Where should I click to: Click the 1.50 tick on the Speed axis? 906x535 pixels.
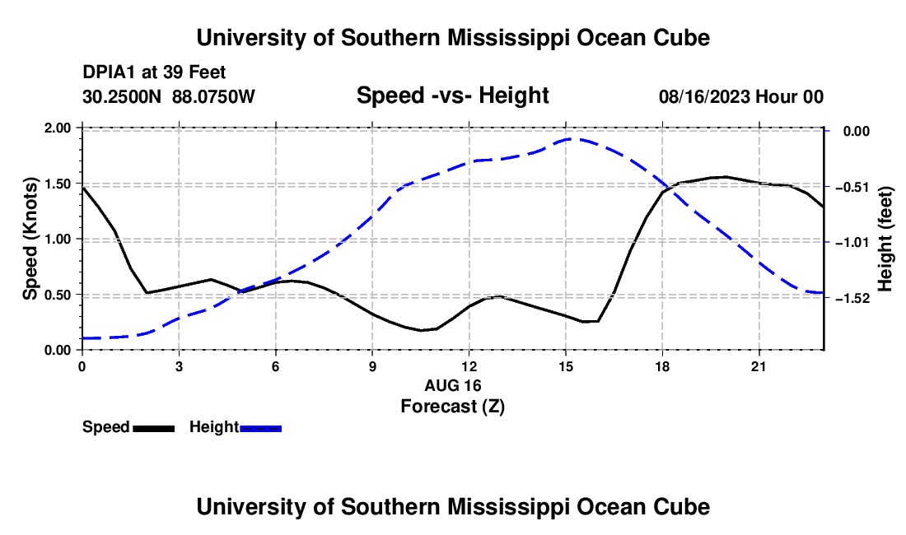click(57, 184)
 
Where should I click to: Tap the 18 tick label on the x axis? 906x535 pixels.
click(662, 366)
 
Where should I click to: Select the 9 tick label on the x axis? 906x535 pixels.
click(372, 366)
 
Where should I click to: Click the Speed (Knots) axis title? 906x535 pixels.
click(30, 239)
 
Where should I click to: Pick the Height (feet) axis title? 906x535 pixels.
click(885, 239)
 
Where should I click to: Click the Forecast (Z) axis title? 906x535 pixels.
click(452, 407)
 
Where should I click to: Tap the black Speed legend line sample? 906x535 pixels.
click(154, 429)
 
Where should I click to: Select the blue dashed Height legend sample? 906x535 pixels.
click(260, 429)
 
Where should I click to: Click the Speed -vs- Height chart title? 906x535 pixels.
click(452, 95)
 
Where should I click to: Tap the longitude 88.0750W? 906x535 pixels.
click(213, 97)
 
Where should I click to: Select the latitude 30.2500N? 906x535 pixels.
click(121, 97)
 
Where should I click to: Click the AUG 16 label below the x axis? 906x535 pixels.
click(452, 385)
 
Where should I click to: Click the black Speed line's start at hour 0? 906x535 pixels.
click(82, 188)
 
